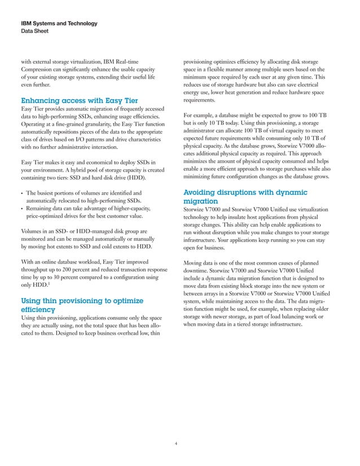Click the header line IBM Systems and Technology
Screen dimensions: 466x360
(59, 24)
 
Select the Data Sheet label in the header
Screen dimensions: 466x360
(34, 32)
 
